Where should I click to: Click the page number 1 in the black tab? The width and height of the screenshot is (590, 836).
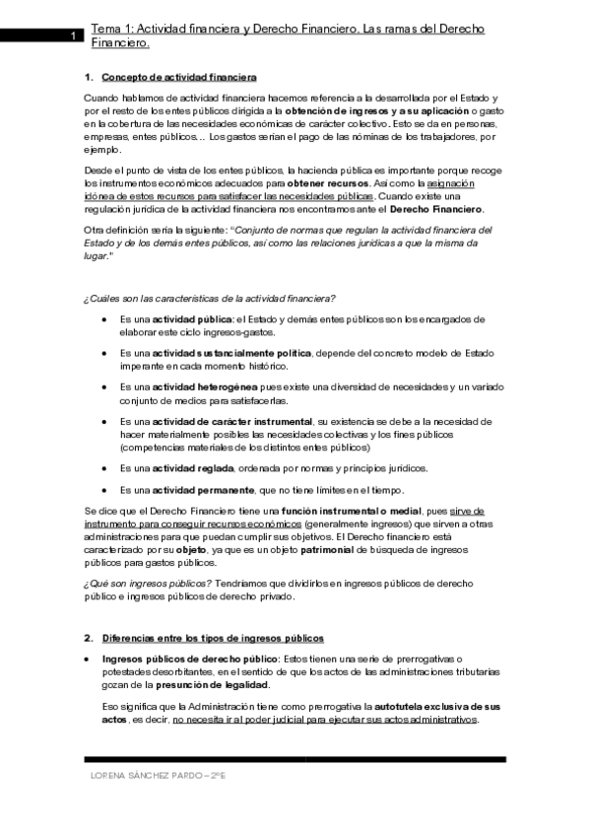pyautogui.click(x=73, y=37)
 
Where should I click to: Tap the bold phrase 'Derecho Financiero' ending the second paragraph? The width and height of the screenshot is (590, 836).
pyautogui.click(x=436, y=209)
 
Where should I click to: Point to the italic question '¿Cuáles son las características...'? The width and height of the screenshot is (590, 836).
pyautogui.click(x=209, y=298)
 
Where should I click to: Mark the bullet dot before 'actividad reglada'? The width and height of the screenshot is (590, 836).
pyautogui.click(x=105, y=467)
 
